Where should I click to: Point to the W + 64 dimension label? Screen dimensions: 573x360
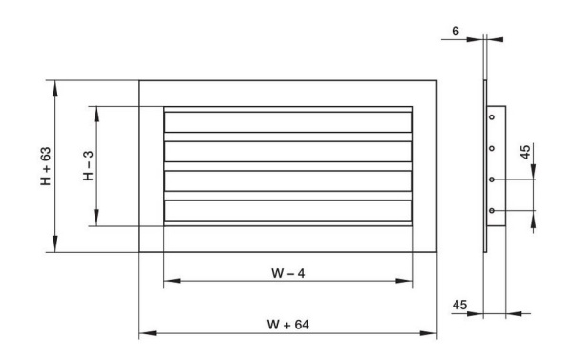coord(287,324)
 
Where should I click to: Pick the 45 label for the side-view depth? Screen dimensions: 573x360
coord(459,304)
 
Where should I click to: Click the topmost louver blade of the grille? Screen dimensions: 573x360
coord(288,123)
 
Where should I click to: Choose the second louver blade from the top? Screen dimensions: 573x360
coord(288,152)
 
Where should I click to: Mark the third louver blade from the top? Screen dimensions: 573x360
coord(288,180)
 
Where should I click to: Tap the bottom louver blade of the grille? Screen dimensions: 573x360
coord(288,210)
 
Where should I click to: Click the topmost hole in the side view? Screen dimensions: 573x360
coord(492,116)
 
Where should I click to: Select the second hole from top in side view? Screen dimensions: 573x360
coord(492,148)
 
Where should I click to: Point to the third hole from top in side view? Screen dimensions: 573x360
coord(492,180)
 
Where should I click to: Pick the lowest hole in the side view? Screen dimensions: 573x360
coord(492,210)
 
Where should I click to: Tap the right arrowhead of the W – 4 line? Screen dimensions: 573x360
coord(409,282)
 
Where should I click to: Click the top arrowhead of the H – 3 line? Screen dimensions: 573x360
coord(96,110)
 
